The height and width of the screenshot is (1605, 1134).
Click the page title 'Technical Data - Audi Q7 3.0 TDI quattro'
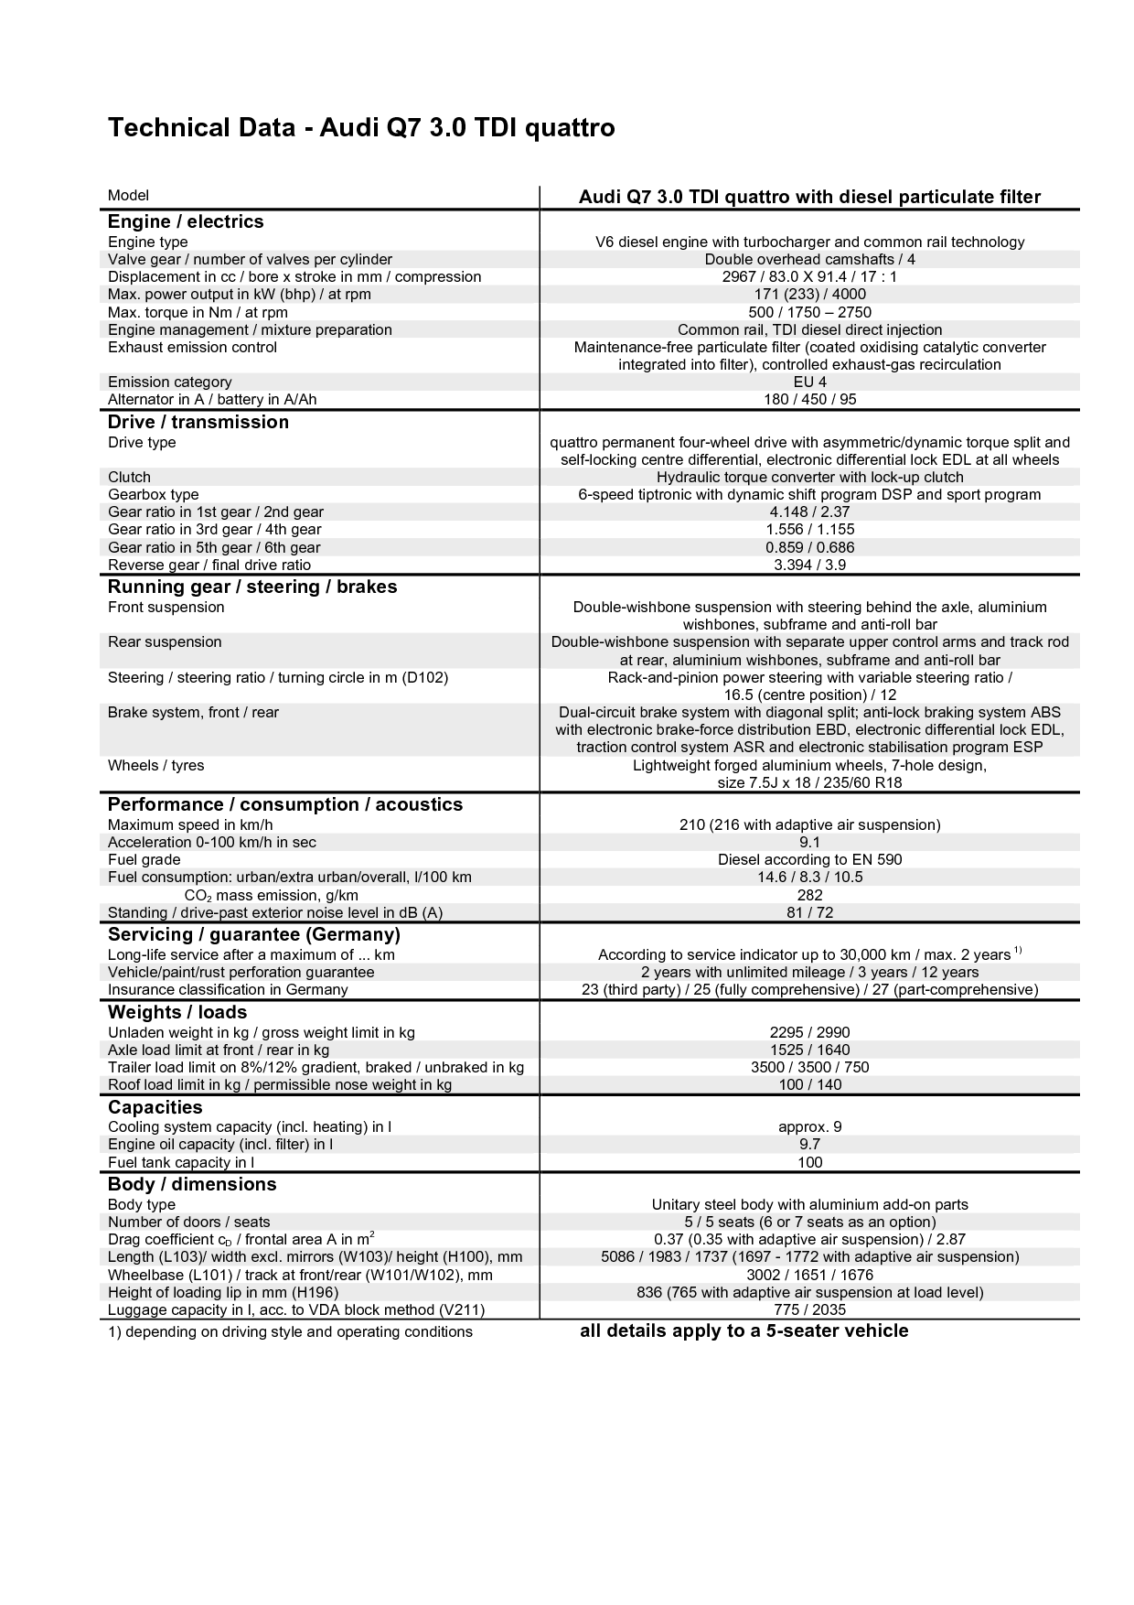361,128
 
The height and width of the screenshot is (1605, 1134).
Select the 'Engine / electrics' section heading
186,221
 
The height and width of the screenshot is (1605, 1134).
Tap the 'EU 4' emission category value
809,382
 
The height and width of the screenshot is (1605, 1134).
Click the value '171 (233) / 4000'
809,295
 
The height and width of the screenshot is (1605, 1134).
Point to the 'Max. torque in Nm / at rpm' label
198,312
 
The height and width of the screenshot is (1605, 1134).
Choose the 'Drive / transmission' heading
198,422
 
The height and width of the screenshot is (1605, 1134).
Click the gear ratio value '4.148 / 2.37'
809,512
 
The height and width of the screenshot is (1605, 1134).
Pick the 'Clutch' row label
129,477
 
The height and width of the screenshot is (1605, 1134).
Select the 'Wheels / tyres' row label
155,765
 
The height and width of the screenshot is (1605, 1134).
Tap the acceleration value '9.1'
809,842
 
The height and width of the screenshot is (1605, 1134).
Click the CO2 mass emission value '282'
809,895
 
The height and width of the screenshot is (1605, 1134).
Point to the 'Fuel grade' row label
144,859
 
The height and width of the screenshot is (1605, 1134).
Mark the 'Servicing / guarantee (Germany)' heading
254,934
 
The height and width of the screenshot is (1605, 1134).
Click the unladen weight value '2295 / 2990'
809,1032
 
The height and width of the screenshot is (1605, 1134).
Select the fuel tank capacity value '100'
809,1162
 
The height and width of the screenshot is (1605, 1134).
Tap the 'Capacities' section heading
155,1107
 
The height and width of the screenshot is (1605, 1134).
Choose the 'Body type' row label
142,1204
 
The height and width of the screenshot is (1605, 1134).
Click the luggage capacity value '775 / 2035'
809,1309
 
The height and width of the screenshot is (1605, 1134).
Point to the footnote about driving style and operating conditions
290,1331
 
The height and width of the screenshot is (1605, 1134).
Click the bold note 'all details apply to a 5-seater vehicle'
744,1330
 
